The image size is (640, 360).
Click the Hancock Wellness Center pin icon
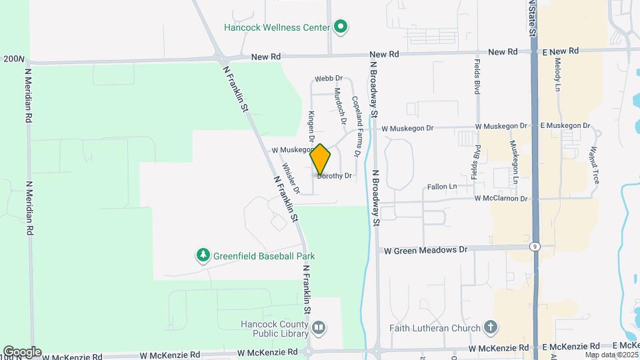pos(341,27)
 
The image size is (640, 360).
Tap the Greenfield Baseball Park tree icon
pos(203,255)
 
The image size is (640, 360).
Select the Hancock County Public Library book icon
pos(319,327)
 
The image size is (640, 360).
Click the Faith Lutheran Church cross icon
pos(491,327)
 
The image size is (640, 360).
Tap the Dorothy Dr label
pos(335,176)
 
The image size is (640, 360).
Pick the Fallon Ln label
pos(442,187)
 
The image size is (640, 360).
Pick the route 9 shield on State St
pos(535,246)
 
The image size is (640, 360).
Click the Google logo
pos(22,351)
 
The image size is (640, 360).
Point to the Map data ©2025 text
pos(611,355)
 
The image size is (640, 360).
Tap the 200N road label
pos(13,59)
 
